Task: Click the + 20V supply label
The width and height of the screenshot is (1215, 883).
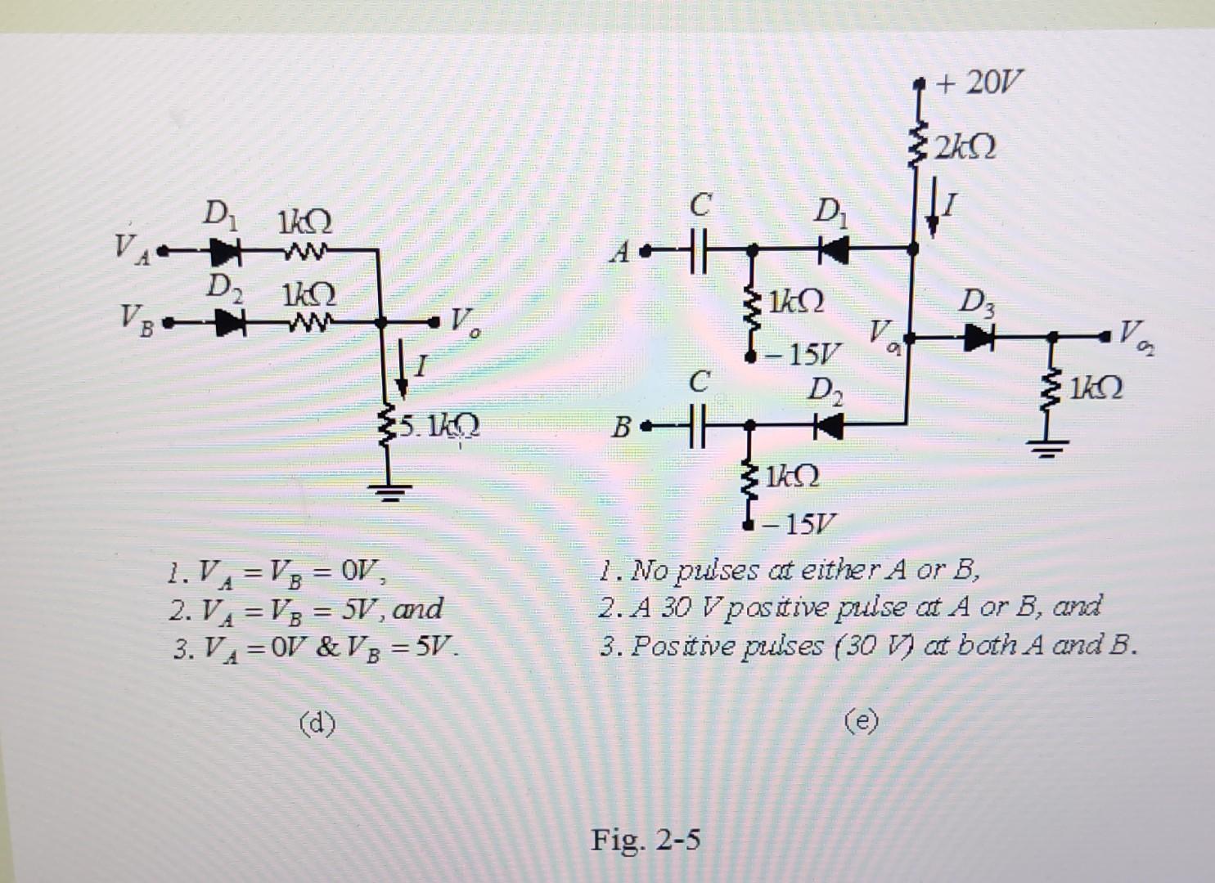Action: coord(980,83)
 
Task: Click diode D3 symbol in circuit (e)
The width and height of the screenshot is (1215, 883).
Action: coord(979,336)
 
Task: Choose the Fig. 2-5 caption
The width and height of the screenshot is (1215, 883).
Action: coord(646,839)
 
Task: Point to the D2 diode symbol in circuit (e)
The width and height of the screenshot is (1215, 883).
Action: coord(829,424)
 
